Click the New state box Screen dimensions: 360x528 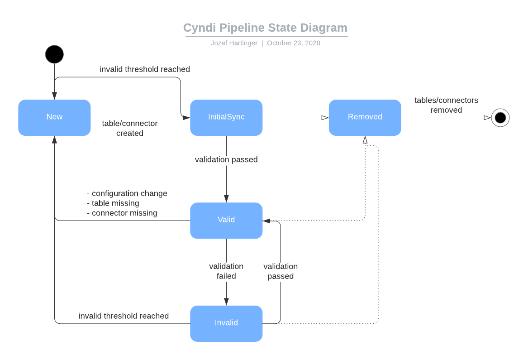pyautogui.click(x=54, y=117)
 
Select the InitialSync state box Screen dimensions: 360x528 pyautogui.click(x=226, y=117)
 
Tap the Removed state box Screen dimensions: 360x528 pyautogui.click(x=365, y=117)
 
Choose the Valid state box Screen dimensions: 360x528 pyautogui.click(x=226, y=220)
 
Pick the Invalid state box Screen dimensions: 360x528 pyautogui.click(x=226, y=323)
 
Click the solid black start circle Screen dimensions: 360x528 pyautogui.click(x=54, y=54)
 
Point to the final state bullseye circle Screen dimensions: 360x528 pyautogui.click(x=500, y=118)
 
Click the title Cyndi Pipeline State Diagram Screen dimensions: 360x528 pyautogui.click(x=265, y=28)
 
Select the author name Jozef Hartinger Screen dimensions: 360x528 pyautogui.click(x=234, y=43)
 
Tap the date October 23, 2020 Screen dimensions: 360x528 pyautogui.click(x=294, y=43)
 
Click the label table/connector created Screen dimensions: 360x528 pyautogui.click(x=130, y=128)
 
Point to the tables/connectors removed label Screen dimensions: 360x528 pyautogui.click(x=446, y=105)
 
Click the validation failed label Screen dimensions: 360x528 pyautogui.click(x=226, y=271)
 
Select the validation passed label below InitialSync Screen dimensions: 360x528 pyautogui.click(x=226, y=159)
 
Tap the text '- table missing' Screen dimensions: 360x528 pyautogui.click(x=113, y=203)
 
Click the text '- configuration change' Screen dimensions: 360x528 pyautogui.click(x=127, y=193)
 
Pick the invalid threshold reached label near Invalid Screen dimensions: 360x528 pyautogui.click(x=124, y=316)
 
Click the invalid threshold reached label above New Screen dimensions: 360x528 pyautogui.click(x=145, y=69)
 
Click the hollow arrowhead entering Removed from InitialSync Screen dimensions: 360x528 pyautogui.click(x=325, y=118)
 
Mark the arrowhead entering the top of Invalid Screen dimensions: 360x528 pyautogui.click(x=226, y=302)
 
